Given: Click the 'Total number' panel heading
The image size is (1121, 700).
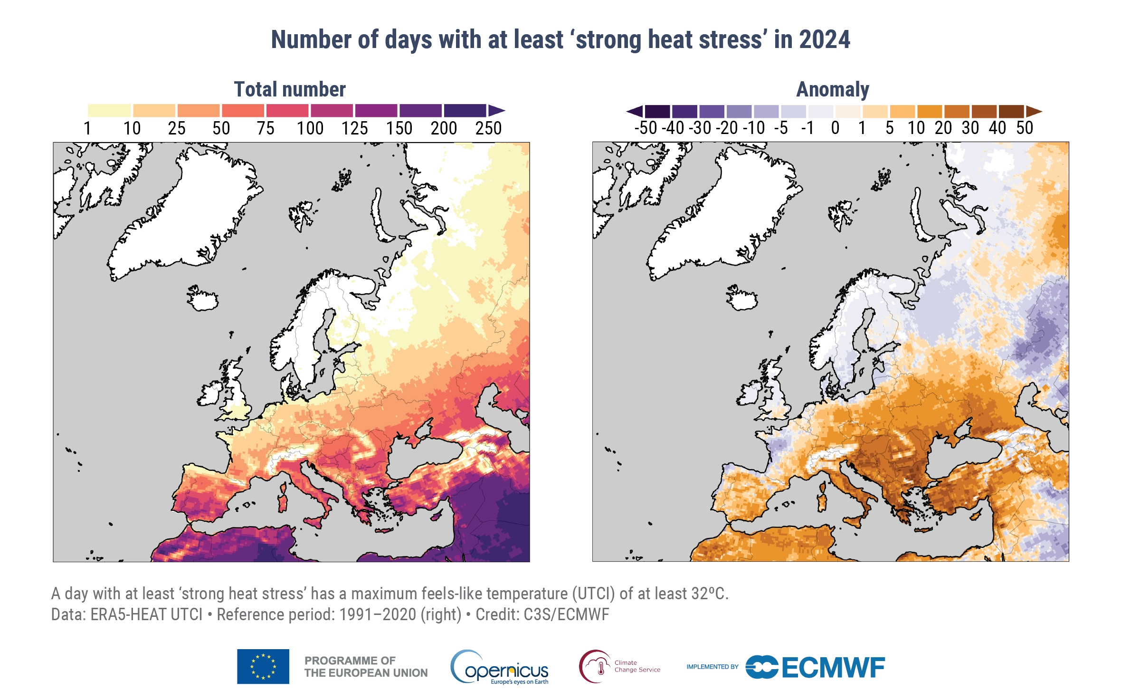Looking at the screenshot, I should pyautogui.click(x=290, y=89).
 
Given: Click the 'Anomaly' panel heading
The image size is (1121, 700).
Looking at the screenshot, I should pyautogui.click(x=833, y=89).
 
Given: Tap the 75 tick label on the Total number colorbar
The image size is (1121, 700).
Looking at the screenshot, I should pyautogui.click(x=266, y=128).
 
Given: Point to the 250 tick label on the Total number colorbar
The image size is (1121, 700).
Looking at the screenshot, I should pyautogui.click(x=488, y=128).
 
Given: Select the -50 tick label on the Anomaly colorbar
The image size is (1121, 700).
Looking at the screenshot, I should pyautogui.click(x=646, y=128).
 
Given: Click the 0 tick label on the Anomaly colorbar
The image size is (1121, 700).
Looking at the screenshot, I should pyautogui.click(x=835, y=128).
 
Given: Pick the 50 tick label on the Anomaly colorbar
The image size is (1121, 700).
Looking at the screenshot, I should pyautogui.click(x=1025, y=128).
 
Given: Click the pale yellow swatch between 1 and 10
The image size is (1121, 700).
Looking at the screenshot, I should pyautogui.click(x=109, y=111).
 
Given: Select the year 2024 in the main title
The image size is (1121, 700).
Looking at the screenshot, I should pyautogui.click(x=825, y=39).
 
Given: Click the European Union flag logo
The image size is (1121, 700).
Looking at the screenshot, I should pyautogui.click(x=263, y=666).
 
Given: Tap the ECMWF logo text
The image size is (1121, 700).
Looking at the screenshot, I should pyautogui.click(x=833, y=667).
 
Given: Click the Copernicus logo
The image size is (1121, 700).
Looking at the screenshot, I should pyautogui.click(x=500, y=667).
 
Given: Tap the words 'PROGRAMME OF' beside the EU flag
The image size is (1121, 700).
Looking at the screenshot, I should pyautogui.click(x=350, y=661).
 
